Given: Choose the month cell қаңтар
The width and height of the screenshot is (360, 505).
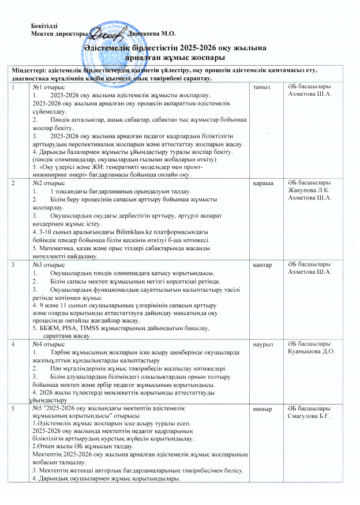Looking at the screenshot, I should click(258, 264).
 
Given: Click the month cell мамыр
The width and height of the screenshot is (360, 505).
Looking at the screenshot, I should click(258, 409).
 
